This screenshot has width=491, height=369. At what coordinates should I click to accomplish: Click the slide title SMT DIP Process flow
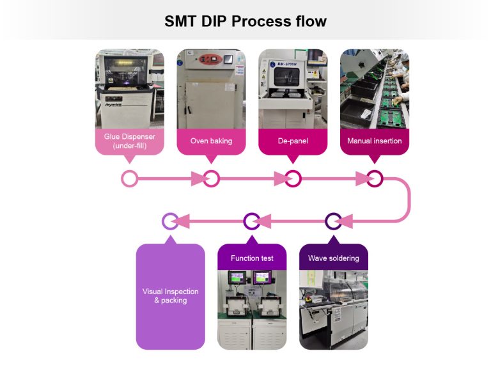pos(245,21)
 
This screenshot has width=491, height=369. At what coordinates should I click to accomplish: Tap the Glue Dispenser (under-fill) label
pos(130,141)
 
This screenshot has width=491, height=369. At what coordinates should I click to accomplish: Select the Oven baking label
pos(211,141)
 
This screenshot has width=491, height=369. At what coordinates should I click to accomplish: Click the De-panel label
pos(293,141)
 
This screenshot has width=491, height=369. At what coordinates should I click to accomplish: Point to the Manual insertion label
pos(375,141)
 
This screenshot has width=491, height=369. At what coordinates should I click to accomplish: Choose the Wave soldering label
pos(334,258)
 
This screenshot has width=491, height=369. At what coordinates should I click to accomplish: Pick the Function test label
pos(252,258)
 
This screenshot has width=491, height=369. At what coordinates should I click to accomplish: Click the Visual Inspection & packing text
pos(170,295)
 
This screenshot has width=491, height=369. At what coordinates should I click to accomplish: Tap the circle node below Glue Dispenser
pos(130,178)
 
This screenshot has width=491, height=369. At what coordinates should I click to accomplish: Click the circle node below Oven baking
pos(211,178)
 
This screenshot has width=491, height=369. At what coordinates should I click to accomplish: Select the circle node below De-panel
pos(293,178)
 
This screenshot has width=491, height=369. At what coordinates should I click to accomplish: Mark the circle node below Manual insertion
pos(375,178)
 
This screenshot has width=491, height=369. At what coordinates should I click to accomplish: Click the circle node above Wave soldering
pos(334,221)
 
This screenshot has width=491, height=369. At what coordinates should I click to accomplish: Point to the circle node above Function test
pos(252,221)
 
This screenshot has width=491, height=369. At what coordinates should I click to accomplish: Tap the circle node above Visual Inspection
pos(170,221)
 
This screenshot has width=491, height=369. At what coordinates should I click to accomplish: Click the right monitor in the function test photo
pos(263,279)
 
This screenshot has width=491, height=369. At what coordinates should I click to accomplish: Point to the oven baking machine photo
pos(211,90)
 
